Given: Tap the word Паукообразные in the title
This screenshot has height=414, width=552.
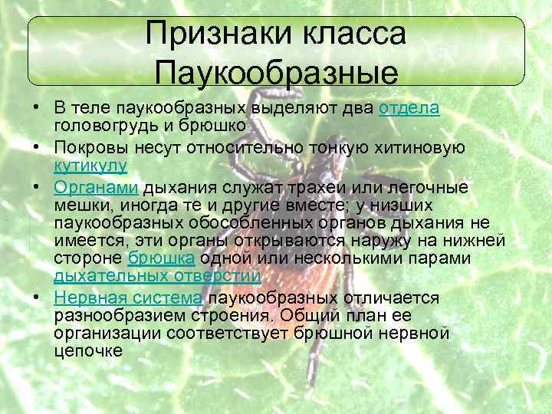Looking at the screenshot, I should coord(276,74).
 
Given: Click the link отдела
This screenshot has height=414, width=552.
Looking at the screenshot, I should coord(409,108).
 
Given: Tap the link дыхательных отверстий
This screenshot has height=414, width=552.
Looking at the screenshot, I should coord(157,276).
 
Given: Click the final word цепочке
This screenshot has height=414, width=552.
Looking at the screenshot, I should coord(88,351).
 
